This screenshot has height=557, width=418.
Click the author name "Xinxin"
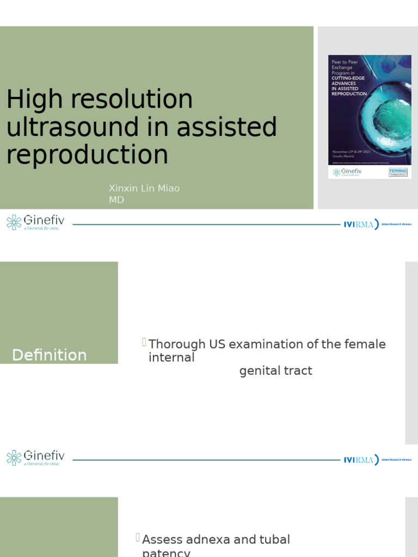123,188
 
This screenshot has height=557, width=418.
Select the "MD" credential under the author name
116,200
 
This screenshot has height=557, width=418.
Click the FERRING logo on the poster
398,172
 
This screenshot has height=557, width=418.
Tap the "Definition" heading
50,355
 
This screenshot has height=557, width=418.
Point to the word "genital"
259,371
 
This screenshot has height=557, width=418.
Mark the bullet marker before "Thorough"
144,342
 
